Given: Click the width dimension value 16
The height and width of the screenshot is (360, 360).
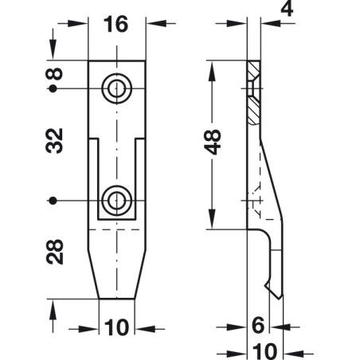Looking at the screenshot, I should pos(116,25).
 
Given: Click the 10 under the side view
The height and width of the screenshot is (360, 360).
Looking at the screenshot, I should pos(266,350).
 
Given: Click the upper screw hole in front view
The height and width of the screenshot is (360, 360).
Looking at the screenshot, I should pos(117,88).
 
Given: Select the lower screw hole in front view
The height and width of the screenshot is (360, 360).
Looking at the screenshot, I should pos(117,198).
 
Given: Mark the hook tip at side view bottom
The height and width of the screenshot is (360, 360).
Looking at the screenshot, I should pos(279,295).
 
